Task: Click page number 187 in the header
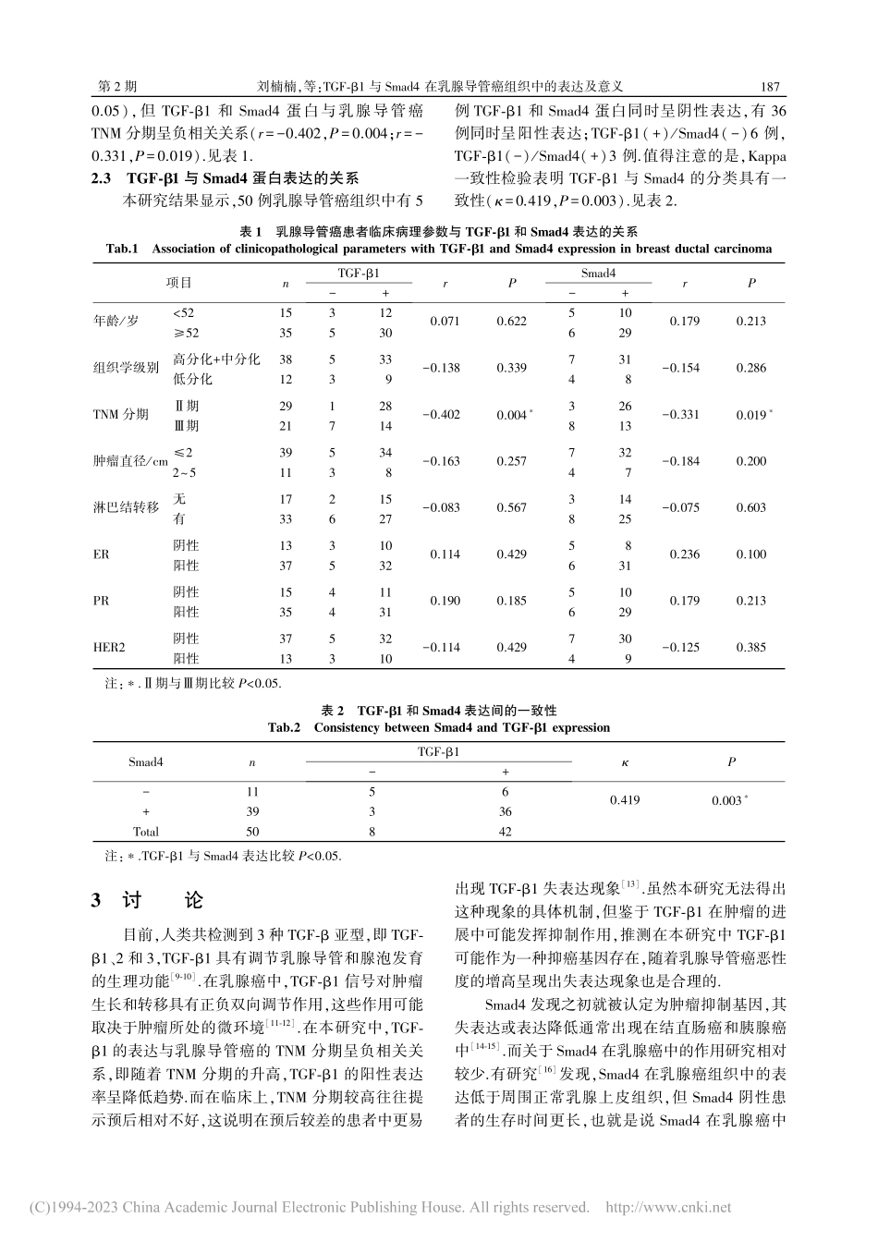pyautogui.click(x=771, y=86)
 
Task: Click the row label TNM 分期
pyautogui.click(x=121, y=415)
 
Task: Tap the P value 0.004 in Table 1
pyautogui.click(x=510, y=415)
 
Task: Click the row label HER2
pyautogui.click(x=109, y=648)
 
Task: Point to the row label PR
pyautogui.click(x=101, y=601)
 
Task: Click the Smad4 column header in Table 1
pyautogui.click(x=598, y=274)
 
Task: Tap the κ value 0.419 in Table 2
pyautogui.click(x=625, y=800)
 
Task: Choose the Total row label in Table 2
pyautogui.click(x=145, y=831)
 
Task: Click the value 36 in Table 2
pyautogui.click(x=505, y=811)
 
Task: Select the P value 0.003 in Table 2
pyautogui.click(x=726, y=800)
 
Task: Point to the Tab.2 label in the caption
pyautogui.click(x=285, y=727)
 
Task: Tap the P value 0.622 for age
pyautogui.click(x=511, y=322)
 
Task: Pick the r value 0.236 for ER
pyautogui.click(x=685, y=554)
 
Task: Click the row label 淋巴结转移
pyautogui.click(x=127, y=508)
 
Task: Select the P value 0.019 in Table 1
pyautogui.click(x=751, y=415)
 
